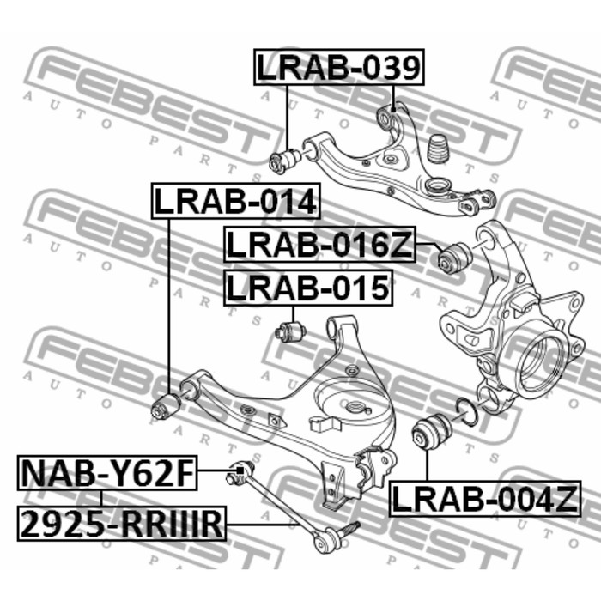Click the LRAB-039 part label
[339, 67]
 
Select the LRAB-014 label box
[236, 201]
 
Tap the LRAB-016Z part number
[319, 245]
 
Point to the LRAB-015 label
[308, 288]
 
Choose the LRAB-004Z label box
[485, 498]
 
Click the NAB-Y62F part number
[107, 473]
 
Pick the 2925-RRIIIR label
[122, 524]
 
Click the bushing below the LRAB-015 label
[291, 331]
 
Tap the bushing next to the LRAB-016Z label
[455, 258]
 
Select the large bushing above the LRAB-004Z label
[432, 431]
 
